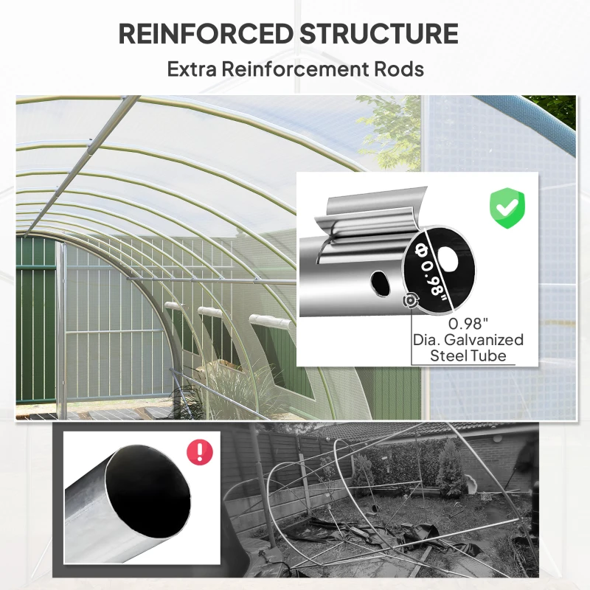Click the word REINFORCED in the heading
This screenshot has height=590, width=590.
pos(206,34)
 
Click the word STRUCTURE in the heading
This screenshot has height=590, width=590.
pos(379,34)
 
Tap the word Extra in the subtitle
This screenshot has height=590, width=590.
pos(192,69)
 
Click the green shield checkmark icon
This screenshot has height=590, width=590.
pos(507,208)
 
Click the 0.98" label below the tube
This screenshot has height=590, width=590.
pos(468,323)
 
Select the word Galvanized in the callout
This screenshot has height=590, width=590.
pos(484,340)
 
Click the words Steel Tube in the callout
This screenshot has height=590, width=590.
pos(468,356)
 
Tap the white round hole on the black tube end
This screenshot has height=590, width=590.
pos(447,259)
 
